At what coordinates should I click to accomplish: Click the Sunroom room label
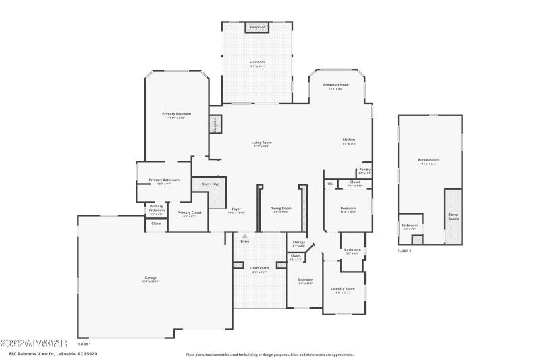coord(257,63)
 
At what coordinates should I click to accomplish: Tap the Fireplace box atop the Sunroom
coord(257,27)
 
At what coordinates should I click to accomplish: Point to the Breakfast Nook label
coord(335,86)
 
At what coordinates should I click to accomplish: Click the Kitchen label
coord(348,140)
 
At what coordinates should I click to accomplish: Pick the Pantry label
coord(364,170)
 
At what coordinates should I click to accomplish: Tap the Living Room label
coord(262,143)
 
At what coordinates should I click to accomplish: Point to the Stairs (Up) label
coord(211,184)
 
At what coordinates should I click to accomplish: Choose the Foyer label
coord(236,209)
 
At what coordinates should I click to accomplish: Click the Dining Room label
coord(281,209)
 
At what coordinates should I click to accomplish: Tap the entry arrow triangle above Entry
coord(244,236)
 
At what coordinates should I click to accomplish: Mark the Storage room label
coord(298,242)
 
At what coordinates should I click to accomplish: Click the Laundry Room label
coord(343,289)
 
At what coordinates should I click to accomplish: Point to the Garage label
coord(151,279)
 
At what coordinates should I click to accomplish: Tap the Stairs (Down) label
coord(453,217)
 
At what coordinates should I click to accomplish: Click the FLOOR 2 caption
coord(404,251)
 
